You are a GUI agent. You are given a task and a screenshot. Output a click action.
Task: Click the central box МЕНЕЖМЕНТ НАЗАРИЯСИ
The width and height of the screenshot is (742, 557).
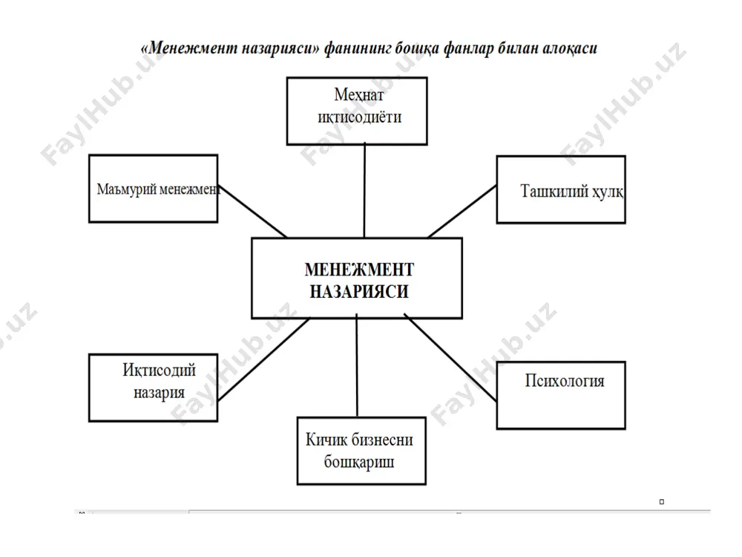pyautogui.click(x=357, y=278)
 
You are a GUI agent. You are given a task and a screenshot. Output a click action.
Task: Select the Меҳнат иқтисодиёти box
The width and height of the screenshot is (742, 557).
pyautogui.click(x=358, y=111)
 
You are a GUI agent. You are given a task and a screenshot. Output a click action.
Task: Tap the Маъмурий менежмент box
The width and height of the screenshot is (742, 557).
pyautogui.click(x=154, y=189)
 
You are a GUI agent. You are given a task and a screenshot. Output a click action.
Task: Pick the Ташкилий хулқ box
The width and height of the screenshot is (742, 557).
pyautogui.click(x=561, y=189)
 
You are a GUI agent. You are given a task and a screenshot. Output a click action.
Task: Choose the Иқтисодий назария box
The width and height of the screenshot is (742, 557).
pyautogui.click(x=154, y=388)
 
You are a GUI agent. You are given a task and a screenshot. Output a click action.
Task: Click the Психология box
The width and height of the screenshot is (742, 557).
pyautogui.click(x=561, y=396)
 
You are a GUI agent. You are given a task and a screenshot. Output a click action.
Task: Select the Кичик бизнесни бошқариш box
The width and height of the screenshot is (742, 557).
pyautogui.click(x=361, y=451)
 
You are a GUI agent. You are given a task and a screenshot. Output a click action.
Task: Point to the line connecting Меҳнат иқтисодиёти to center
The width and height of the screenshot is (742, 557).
pyautogui.click(x=364, y=191)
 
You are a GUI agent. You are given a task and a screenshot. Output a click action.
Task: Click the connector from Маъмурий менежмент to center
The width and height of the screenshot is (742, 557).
pyautogui.click(x=252, y=211)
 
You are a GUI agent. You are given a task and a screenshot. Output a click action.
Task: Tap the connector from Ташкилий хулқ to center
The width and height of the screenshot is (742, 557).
pyautogui.click(x=462, y=212)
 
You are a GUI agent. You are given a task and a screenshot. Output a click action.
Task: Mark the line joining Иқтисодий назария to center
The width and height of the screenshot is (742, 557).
pyautogui.click(x=263, y=359)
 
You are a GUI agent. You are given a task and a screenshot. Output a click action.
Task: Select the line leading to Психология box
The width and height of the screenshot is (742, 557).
pyautogui.click(x=450, y=358)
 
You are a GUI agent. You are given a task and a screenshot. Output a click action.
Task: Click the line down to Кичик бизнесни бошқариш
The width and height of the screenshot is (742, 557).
pyautogui.click(x=357, y=365)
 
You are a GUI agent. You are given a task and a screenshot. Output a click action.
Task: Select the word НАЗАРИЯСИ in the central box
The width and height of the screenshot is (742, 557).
pyautogui.click(x=359, y=291)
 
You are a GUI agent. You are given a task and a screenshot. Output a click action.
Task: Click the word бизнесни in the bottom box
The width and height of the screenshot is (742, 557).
pyautogui.click(x=384, y=440)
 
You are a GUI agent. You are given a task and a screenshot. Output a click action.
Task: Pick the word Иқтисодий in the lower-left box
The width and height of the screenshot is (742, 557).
pyautogui.click(x=159, y=371)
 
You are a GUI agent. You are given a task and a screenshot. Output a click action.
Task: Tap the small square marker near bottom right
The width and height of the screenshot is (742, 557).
pyautogui.click(x=662, y=501)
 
